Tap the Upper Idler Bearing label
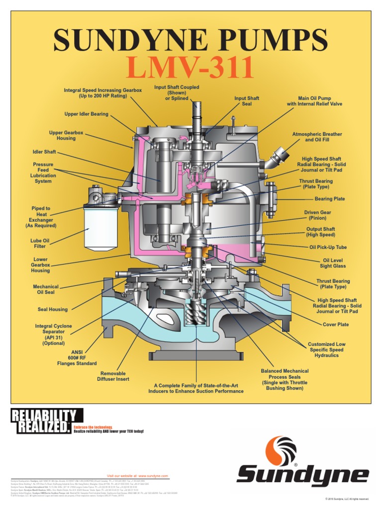click(86, 114)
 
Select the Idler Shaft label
click(44, 152)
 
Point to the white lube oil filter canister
click(101, 227)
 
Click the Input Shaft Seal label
click(247, 101)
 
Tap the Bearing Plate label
click(330, 199)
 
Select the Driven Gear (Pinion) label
click(318, 215)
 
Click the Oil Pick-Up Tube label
click(328, 247)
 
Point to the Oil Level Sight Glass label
click(333, 263)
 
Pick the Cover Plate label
click(336, 324)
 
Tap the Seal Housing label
click(53, 309)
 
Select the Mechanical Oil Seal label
click(45, 289)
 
